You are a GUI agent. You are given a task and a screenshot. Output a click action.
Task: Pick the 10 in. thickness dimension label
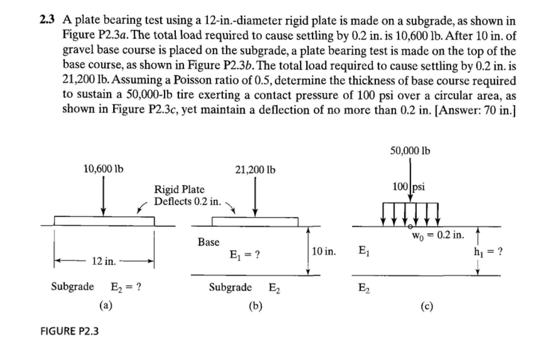coord(325,252)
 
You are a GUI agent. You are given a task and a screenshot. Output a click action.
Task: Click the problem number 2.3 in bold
coord(49,21)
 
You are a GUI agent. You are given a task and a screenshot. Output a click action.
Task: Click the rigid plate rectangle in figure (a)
coord(104,220)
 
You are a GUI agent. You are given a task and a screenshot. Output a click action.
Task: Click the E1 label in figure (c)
coord(365,250)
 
